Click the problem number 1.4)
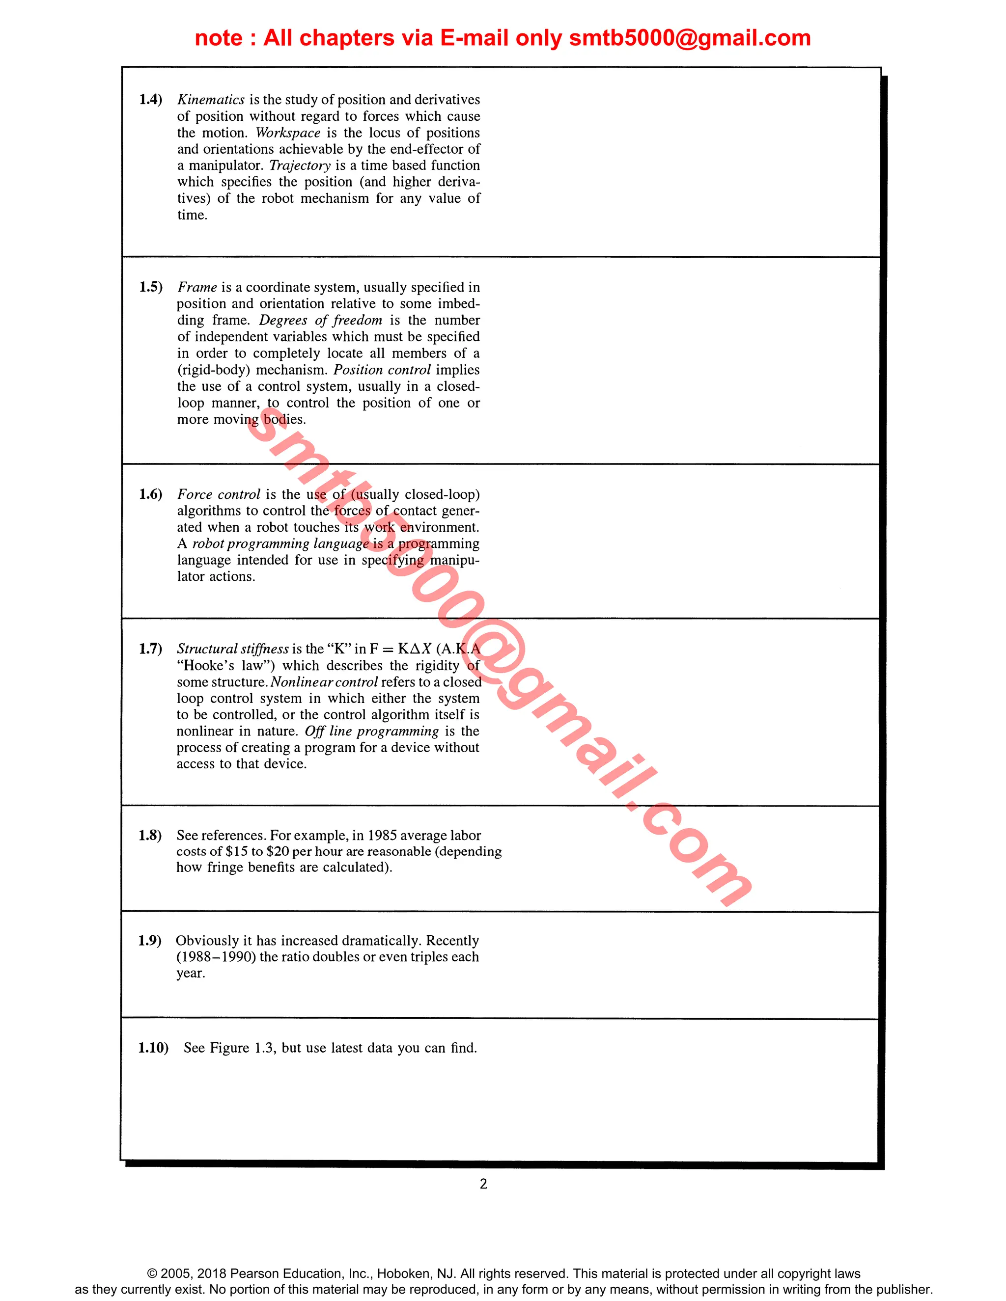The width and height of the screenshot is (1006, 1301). pyautogui.click(x=151, y=100)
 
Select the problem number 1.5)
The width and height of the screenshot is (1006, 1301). pyautogui.click(x=151, y=287)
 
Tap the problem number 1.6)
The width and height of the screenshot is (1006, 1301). pyautogui.click(x=151, y=494)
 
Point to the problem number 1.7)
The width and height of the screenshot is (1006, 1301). pyautogui.click(x=150, y=649)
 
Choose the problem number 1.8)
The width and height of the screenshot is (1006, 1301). pyautogui.click(x=150, y=835)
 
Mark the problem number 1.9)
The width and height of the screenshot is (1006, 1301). pyautogui.click(x=150, y=941)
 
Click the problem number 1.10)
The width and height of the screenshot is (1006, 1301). pyautogui.click(x=153, y=1048)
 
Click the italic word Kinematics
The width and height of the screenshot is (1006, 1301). pyautogui.click(x=211, y=100)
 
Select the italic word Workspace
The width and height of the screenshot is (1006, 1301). pyautogui.click(x=288, y=133)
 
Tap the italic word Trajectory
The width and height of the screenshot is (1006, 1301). pyautogui.click(x=300, y=165)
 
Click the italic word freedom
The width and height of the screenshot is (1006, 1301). pyautogui.click(x=357, y=321)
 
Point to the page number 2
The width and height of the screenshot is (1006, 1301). pyautogui.click(x=483, y=1184)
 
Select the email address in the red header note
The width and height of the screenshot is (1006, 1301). pyautogui.click(x=690, y=38)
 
